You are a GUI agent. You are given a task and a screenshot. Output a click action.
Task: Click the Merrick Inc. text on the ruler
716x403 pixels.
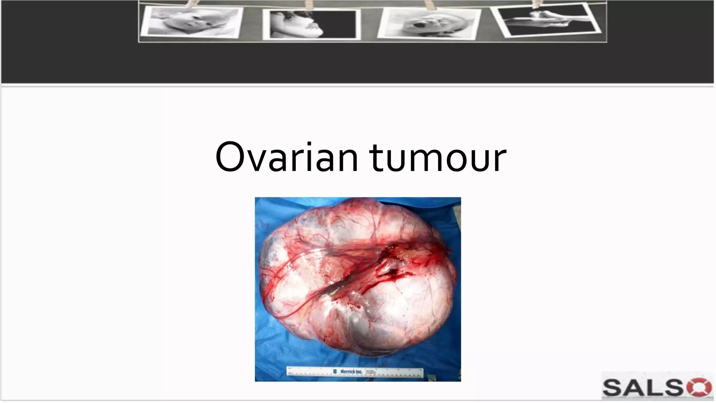tap(351, 372)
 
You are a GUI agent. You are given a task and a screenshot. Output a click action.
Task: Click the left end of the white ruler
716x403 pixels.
tap(289, 372)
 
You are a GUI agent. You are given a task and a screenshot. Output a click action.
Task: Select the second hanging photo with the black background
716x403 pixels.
tap(311, 24)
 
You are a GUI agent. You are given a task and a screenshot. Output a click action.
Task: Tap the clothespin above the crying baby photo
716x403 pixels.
tap(428, 4)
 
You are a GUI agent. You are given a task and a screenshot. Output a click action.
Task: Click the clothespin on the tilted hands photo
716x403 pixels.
tap(536, 3)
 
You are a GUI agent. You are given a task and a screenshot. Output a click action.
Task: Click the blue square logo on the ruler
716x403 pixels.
tap(335, 371)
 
